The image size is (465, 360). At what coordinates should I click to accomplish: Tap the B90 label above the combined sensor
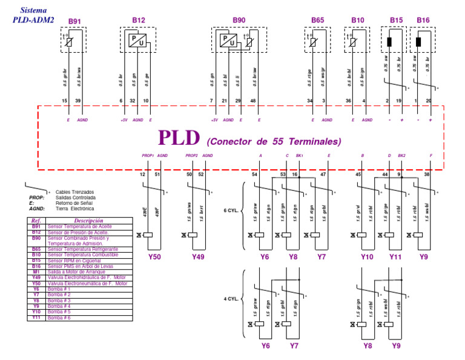239,21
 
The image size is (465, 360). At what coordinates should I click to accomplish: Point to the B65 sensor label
318,21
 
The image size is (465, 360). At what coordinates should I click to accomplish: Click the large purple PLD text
179,138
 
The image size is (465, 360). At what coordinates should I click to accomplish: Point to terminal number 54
255,175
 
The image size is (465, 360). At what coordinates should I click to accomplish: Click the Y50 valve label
155,257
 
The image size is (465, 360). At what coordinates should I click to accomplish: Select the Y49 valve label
199,257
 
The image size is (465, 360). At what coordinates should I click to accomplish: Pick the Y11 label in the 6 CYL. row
395,257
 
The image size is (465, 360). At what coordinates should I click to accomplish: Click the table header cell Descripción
84,221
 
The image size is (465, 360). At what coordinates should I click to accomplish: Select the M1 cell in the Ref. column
36,272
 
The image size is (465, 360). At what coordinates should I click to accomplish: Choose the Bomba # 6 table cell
59,318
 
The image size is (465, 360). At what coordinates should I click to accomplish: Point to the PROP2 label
192,156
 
